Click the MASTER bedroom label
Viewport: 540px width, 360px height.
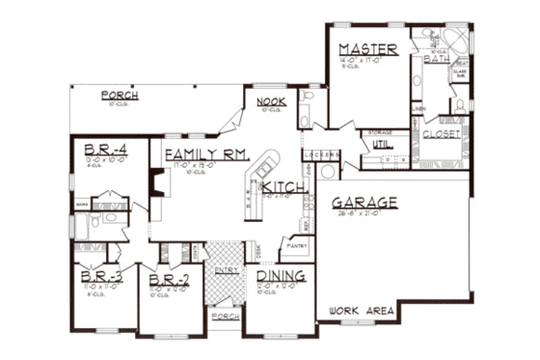click(x=362, y=49)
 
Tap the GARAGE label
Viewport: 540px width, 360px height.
click(x=364, y=204)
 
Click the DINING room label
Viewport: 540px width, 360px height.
click(x=282, y=277)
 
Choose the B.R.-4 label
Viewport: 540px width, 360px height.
click(x=101, y=151)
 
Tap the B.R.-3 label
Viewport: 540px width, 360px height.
click(x=100, y=280)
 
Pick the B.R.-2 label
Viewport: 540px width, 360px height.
click(x=169, y=281)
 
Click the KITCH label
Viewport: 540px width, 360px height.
click(x=283, y=186)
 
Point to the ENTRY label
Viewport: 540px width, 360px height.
click(x=228, y=270)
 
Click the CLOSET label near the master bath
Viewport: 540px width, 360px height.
click(x=442, y=135)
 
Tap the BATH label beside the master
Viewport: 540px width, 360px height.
click(x=437, y=60)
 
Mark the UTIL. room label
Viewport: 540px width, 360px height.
click(x=369, y=144)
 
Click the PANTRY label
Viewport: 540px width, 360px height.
click(x=298, y=246)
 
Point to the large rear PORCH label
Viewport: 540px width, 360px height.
click(x=119, y=96)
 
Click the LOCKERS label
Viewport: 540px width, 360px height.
click(x=317, y=155)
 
